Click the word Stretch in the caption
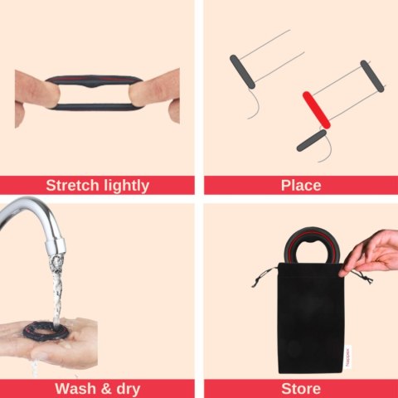pyautogui.click(x=71, y=185)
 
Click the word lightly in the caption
pyautogui.click(x=125, y=186)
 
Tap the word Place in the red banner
pyautogui.click(x=301, y=185)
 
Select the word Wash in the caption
pyautogui.click(x=75, y=388)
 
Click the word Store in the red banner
pyautogui.click(x=301, y=389)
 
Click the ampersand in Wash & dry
pyautogui.click(x=106, y=389)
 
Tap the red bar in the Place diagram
pyautogui.click(x=317, y=110)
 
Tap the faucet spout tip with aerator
pyautogui.click(x=56, y=245)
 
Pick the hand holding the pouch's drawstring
pyautogui.click(x=371, y=253)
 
